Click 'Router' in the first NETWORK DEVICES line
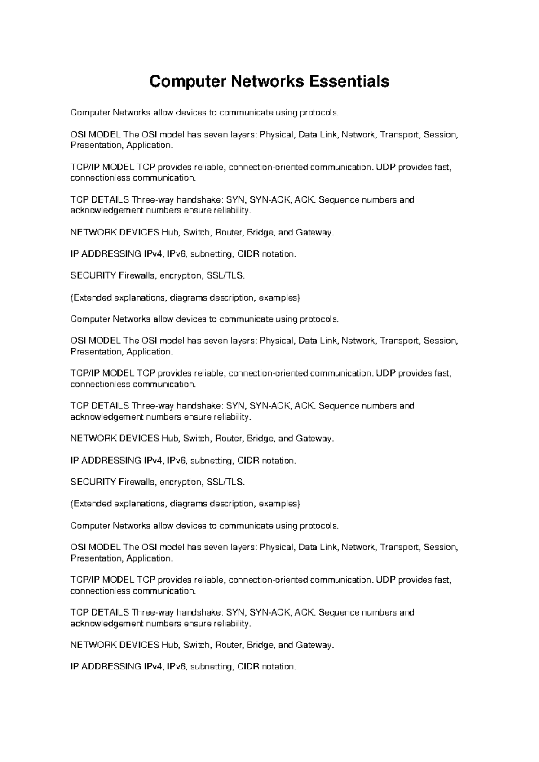(229, 232)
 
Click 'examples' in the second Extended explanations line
(279, 504)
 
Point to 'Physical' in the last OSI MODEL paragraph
(277, 547)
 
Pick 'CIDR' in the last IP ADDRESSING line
(248, 666)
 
